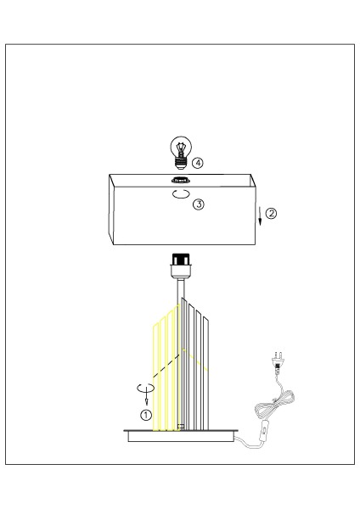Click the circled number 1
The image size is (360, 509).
coord(146,415)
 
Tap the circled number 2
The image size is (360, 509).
coord(271,213)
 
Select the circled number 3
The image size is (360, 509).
coord(199,204)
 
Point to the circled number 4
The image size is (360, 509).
coord(197,162)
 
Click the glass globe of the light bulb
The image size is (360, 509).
coord(181,148)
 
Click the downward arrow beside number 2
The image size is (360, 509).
coord(260,215)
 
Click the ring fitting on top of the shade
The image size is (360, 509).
coord(180,179)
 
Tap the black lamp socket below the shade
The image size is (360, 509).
coord(182,260)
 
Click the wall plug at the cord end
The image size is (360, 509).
coord(277,361)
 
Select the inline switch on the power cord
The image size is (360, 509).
coord(265,430)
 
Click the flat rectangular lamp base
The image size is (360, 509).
coord(181,436)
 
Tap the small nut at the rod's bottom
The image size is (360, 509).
coord(181,427)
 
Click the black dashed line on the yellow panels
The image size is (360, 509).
coord(166,366)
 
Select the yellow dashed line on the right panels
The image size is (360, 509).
coord(195,360)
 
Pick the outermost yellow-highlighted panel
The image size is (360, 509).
coord(156,378)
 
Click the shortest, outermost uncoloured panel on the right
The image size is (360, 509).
coord(205,373)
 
